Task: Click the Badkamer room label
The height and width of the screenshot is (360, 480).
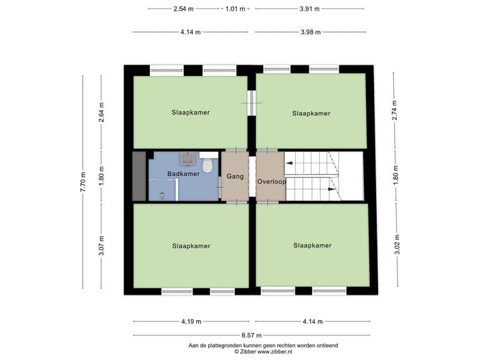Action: click(x=183, y=174)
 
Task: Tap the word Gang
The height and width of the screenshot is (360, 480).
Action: click(x=234, y=177)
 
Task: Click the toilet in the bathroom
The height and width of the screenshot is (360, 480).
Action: click(x=207, y=164)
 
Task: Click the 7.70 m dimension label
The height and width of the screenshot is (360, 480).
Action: click(x=83, y=181)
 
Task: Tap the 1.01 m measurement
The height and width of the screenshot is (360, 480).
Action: click(x=235, y=9)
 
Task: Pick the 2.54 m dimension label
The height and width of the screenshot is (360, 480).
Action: click(x=183, y=9)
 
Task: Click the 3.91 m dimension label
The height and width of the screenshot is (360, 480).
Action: click(x=309, y=9)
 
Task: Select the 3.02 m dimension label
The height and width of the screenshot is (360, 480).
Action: click(x=395, y=245)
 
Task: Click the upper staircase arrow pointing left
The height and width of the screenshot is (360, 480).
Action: click(x=289, y=163)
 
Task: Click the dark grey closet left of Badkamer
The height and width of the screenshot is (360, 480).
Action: click(x=139, y=176)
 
